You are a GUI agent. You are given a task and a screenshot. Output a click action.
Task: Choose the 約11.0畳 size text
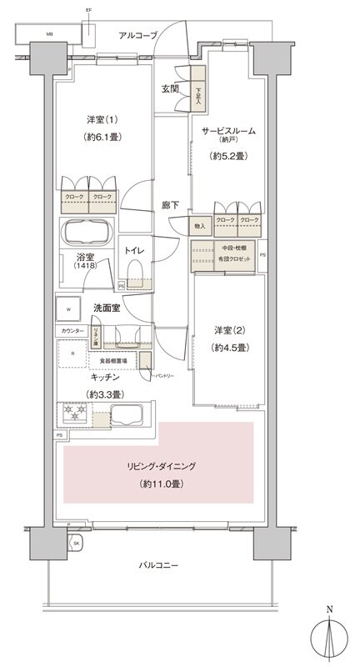coord(156,483)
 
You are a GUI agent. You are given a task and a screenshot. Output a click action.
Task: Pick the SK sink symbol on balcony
coord(76,544)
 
